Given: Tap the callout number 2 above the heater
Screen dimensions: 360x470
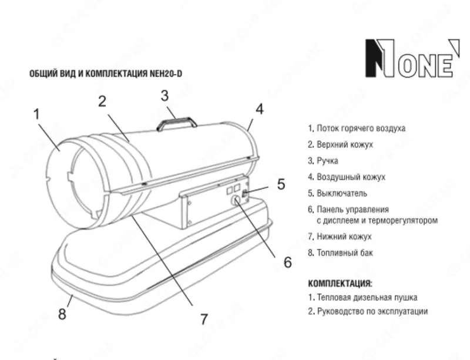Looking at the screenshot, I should coord(102,101).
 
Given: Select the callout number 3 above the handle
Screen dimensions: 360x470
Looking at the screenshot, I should coord(165,95).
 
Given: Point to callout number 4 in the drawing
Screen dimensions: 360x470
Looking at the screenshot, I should coord(258,109).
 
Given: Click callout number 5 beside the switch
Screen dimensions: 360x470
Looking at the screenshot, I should coord(281,184).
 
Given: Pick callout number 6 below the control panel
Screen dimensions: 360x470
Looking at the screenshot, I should coord(287,262).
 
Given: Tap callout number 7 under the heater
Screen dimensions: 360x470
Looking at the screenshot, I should coord(203,319).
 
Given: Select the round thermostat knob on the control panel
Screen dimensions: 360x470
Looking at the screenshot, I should coord(236,201).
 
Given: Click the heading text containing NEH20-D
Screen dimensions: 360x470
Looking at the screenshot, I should coord(106,75).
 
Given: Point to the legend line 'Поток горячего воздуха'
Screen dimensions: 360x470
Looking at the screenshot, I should coord(357,127).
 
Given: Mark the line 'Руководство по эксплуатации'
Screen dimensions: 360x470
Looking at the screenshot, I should coord(367,312).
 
